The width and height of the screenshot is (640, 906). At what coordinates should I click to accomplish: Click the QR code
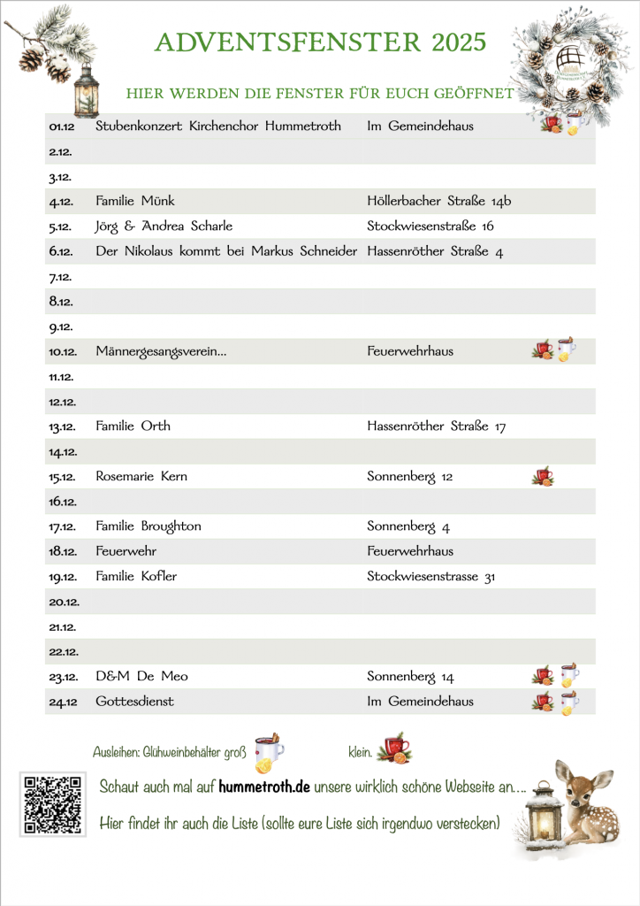[52, 804]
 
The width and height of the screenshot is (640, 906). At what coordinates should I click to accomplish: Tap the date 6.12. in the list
[61, 251]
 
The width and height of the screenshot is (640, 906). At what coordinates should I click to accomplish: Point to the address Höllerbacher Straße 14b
[438, 201]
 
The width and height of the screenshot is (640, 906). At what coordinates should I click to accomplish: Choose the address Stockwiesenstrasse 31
[430, 576]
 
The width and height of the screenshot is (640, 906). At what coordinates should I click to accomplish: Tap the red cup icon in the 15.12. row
[543, 477]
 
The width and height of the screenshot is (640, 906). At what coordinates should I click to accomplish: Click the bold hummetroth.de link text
[264, 787]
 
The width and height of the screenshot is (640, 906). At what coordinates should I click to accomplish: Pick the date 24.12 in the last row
[62, 702]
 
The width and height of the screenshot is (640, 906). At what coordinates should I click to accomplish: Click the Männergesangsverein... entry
[161, 351]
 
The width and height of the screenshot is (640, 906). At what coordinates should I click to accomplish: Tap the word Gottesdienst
[134, 702]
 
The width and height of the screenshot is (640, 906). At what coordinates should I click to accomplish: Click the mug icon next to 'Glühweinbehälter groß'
[269, 752]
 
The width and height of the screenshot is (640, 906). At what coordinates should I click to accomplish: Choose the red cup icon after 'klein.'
[394, 750]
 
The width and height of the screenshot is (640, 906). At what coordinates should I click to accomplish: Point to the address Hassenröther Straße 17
[436, 426]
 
